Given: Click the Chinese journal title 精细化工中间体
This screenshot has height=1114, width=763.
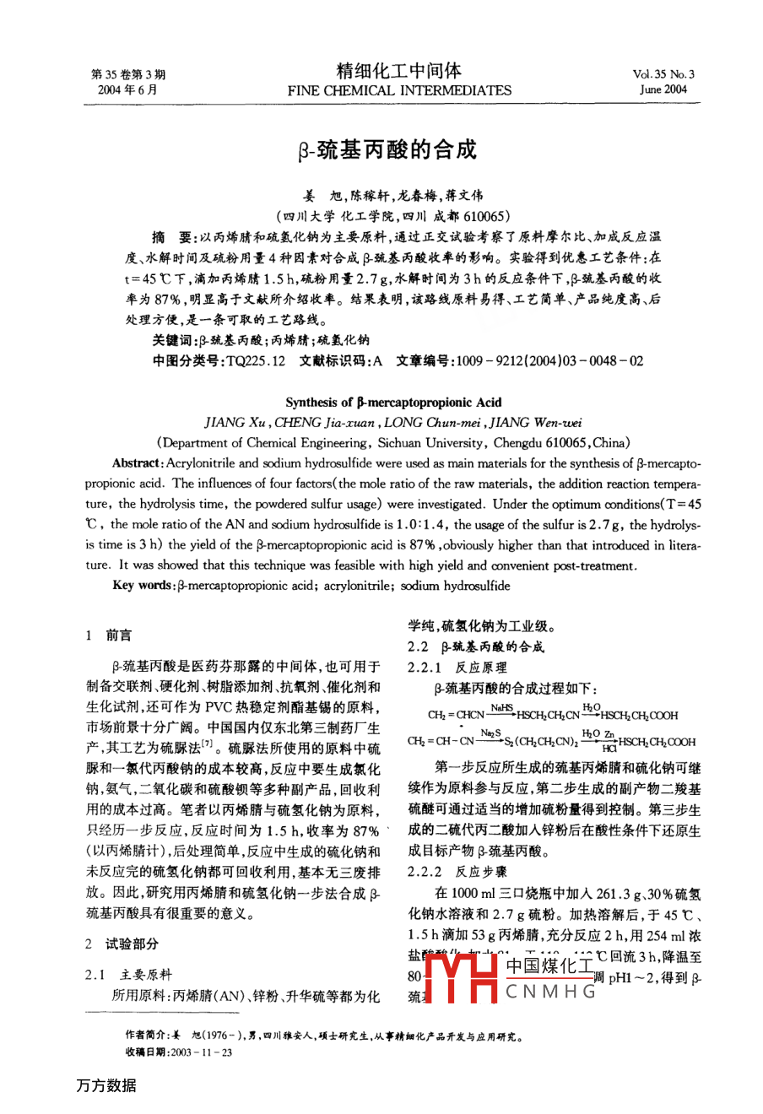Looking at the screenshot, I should point(399,71).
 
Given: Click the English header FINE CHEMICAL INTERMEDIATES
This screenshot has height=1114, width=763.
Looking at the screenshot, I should point(399,90).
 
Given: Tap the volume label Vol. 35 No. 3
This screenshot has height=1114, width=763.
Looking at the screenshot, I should point(663,74).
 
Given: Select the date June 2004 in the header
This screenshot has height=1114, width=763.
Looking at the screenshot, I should point(663,89).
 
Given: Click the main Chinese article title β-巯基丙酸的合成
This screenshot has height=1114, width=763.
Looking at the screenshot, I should point(387,151).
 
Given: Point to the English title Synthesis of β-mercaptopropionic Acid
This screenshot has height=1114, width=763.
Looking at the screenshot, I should point(393,403).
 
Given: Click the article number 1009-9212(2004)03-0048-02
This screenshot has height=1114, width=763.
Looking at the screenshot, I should point(549,360).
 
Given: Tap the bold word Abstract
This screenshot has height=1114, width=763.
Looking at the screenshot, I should point(136,463).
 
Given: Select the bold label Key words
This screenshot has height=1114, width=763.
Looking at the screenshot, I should point(143,586).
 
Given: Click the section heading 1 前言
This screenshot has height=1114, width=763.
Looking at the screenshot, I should point(110,635).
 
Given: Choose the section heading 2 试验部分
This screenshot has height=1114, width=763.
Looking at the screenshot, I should point(122,944).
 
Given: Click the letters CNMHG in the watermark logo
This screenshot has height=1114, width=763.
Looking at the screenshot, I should point(550,992).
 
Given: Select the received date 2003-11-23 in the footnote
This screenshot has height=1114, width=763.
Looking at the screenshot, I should point(203,1052).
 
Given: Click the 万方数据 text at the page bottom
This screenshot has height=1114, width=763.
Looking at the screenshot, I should point(106,1085).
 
